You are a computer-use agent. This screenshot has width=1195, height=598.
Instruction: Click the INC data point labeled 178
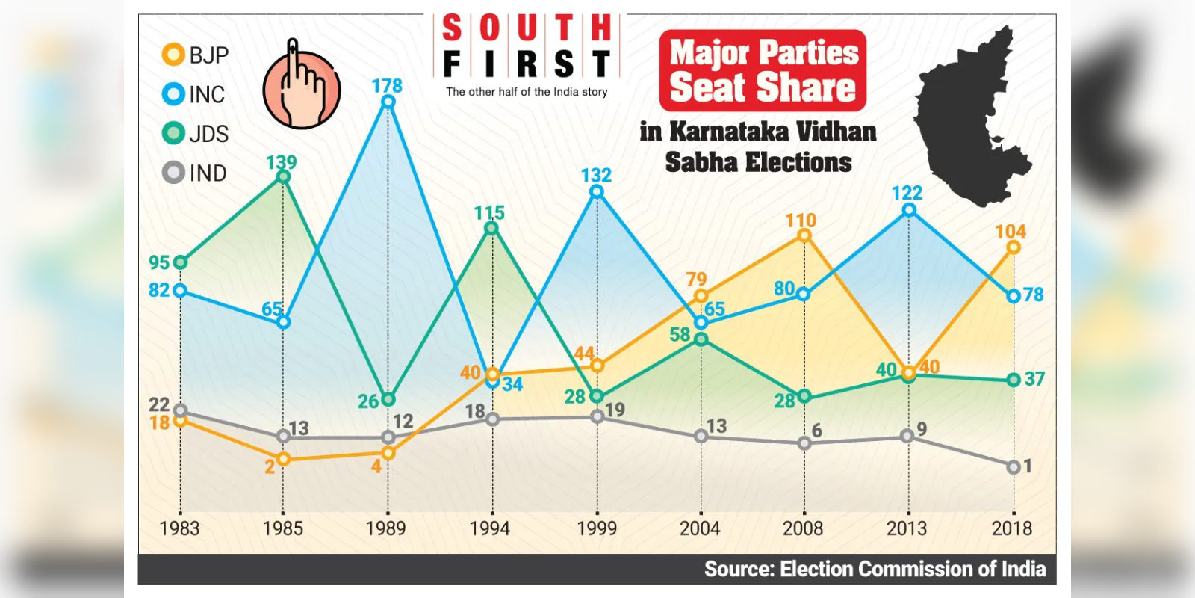pyautogui.click(x=388, y=102)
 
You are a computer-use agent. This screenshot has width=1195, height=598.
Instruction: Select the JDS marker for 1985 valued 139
pyautogui.click(x=283, y=177)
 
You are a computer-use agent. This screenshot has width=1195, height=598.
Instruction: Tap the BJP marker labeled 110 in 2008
pyautogui.click(x=804, y=235)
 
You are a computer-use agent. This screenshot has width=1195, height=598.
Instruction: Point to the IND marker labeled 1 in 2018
pyautogui.click(x=1014, y=467)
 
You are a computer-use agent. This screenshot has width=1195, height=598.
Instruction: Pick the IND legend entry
pyautogui.click(x=195, y=173)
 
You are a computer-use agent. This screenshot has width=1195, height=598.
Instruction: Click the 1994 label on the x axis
pyautogui.click(x=489, y=528)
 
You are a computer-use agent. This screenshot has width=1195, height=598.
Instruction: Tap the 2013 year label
pyautogui.click(x=906, y=528)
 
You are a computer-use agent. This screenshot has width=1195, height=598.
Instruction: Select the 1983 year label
pyautogui.click(x=179, y=528)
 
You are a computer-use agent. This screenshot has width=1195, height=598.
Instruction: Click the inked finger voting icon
pyautogui.click(x=301, y=86)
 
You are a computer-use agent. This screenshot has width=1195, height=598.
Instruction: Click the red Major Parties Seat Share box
pyautogui.click(x=763, y=71)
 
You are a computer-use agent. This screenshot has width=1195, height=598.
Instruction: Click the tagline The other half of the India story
pyautogui.click(x=527, y=92)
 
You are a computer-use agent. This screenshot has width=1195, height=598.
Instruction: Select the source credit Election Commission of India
pyautogui.click(x=875, y=570)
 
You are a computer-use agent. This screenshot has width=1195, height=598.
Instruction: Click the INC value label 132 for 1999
pyautogui.click(x=596, y=175)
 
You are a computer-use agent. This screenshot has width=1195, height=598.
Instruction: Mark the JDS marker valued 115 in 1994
pyautogui.click(x=491, y=228)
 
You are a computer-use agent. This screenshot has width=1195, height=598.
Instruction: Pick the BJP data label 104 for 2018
pyautogui.click(x=1011, y=232)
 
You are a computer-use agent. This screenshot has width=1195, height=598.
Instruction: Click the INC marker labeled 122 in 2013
pyautogui.click(x=909, y=211)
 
